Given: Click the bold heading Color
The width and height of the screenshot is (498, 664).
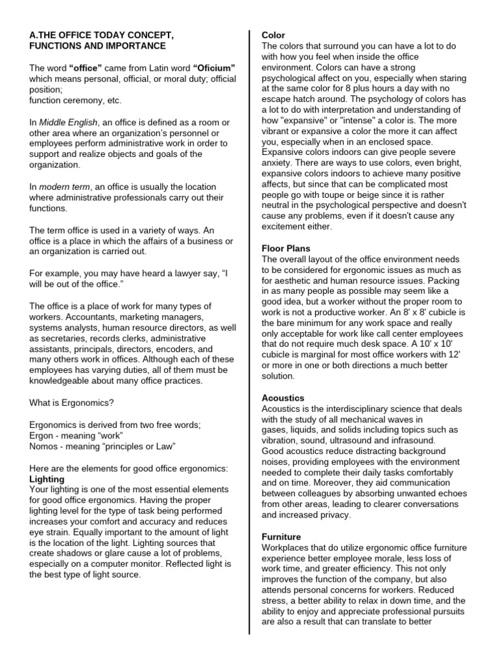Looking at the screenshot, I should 273,35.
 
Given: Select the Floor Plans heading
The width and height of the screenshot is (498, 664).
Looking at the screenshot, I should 285,248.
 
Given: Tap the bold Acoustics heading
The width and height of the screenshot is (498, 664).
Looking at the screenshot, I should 283,397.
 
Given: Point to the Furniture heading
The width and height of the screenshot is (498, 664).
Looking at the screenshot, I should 282,537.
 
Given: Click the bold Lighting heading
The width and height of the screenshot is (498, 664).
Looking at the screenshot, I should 47,479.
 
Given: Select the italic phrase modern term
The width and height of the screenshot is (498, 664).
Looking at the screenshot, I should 64,186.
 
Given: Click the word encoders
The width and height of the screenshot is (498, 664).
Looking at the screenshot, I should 167,348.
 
